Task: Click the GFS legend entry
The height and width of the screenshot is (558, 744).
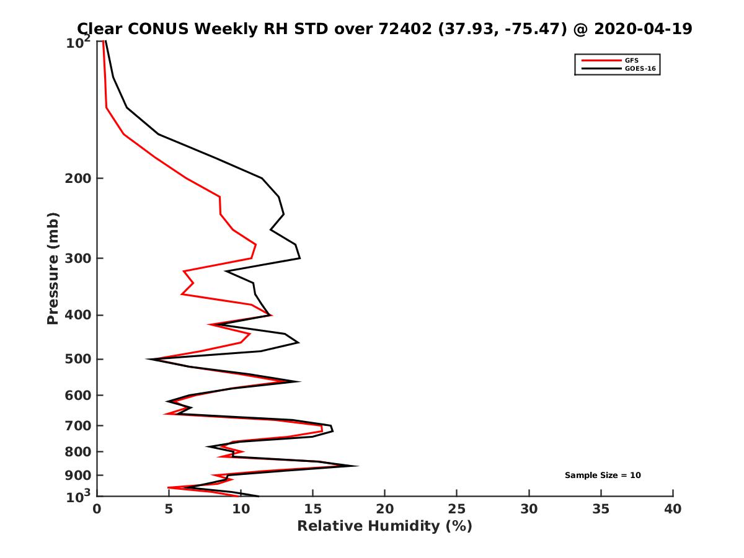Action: click(631, 60)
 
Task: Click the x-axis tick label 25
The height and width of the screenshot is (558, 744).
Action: click(457, 510)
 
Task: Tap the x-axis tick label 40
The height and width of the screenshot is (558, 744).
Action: click(673, 510)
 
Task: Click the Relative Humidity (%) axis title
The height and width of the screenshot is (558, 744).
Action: click(384, 526)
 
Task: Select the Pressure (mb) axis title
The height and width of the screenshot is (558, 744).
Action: click(53, 268)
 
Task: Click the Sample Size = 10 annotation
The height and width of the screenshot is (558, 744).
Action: click(603, 476)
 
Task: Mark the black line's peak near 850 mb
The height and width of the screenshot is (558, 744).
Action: click(358, 466)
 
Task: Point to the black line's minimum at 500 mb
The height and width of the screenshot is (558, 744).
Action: click(148, 359)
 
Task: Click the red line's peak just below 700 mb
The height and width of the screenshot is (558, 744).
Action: click(322, 428)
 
